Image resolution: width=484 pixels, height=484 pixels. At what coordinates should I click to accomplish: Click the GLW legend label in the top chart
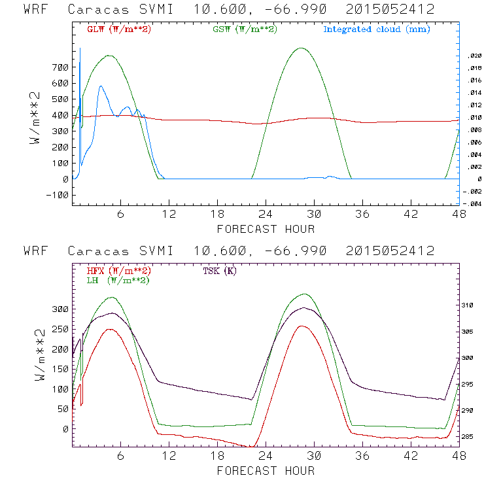[x=119, y=29]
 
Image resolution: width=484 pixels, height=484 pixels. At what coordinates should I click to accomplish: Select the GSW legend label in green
[x=245, y=29]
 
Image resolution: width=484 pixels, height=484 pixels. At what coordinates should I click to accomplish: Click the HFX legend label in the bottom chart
[x=119, y=271]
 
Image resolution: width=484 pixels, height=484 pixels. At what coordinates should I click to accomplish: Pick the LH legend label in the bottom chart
[x=118, y=280]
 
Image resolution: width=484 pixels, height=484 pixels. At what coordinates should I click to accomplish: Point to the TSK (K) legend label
[x=220, y=271]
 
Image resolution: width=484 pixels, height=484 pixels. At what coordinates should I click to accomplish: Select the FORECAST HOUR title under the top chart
[x=266, y=229]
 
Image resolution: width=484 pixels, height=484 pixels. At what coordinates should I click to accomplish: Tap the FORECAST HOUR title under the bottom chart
[x=266, y=470]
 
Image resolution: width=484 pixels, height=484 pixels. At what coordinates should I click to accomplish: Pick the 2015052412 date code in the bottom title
[x=390, y=251]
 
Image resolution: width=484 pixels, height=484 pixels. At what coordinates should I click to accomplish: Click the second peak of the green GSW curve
[x=301, y=48]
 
